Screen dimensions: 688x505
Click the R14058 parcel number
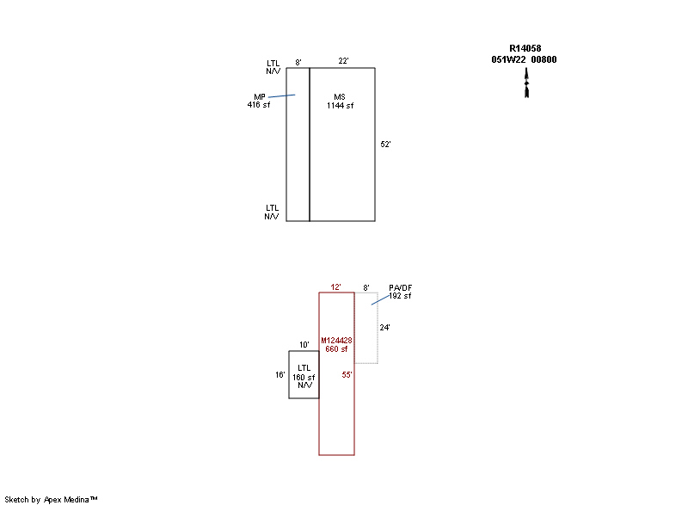click(525, 48)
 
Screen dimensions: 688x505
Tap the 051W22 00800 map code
click(524, 59)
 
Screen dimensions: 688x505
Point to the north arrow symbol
click(526, 83)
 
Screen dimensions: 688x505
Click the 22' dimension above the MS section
click(343, 60)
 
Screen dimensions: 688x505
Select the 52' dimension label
click(385, 144)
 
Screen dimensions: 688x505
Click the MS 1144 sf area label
click(340, 101)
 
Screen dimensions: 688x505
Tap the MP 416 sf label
click(259, 101)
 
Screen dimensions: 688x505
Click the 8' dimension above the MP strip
click(298, 62)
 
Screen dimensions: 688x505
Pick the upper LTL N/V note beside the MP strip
click(273, 67)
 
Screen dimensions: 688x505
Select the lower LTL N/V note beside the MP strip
click(272, 212)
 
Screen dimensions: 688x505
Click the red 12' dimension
click(335, 287)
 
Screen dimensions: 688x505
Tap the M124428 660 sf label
click(336, 344)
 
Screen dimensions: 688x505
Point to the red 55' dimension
click(347, 375)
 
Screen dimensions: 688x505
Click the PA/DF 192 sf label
click(400, 292)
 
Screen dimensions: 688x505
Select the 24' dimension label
click(384, 327)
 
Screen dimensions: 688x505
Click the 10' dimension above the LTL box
click(304, 344)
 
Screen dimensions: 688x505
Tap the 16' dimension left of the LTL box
click(280, 375)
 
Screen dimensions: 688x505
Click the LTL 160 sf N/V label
click(304, 377)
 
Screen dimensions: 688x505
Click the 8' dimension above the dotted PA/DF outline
click(366, 287)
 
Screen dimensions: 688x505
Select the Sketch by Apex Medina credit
click(51, 499)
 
